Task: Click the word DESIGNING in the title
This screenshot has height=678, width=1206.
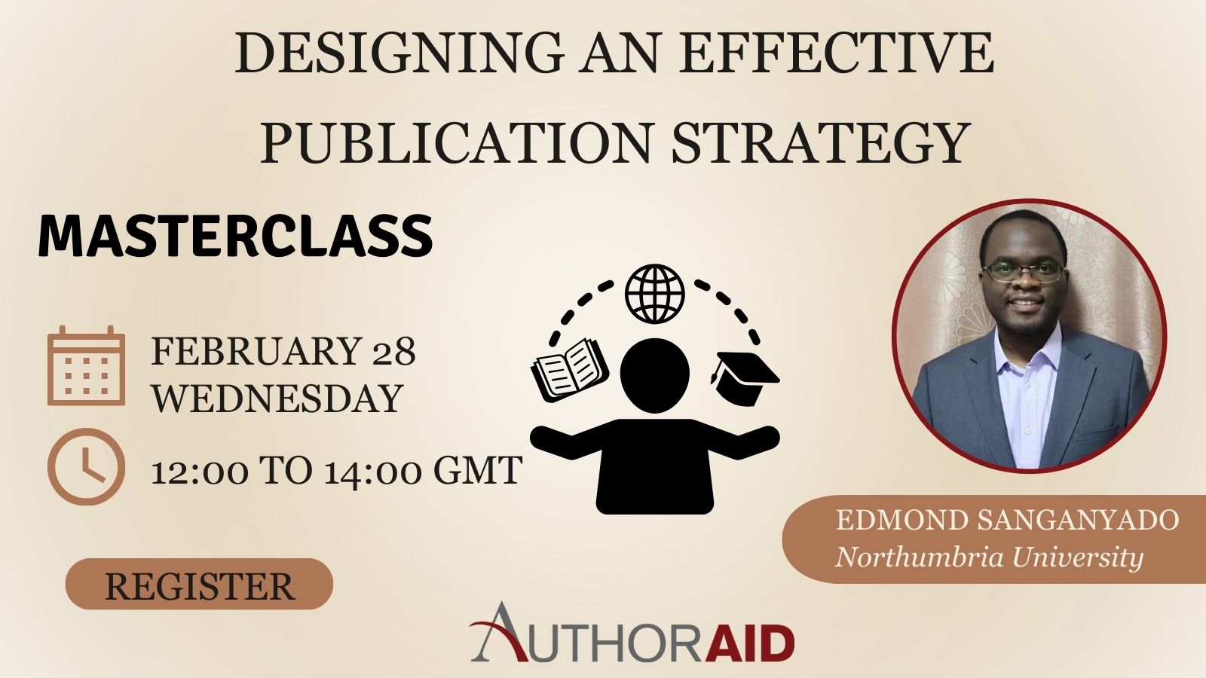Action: pyautogui.click(x=400, y=53)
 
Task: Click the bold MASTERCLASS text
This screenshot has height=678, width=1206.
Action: pyautogui.click(x=235, y=237)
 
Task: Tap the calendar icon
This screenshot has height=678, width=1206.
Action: pyautogui.click(x=86, y=365)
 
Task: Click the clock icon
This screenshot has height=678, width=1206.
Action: pyautogui.click(x=86, y=466)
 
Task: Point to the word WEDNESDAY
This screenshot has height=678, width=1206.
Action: pyautogui.click(x=277, y=399)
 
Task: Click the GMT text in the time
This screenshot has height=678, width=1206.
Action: pyautogui.click(x=478, y=470)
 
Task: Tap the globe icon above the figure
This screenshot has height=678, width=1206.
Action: pyautogui.click(x=655, y=294)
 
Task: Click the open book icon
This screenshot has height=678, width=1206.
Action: pyautogui.click(x=570, y=370)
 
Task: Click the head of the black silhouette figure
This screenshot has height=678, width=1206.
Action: pyautogui.click(x=655, y=376)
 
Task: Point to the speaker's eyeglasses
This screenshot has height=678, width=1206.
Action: pyautogui.click(x=1023, y=272)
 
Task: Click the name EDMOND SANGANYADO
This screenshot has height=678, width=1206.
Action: pyautogui.click(x=1007, y=521)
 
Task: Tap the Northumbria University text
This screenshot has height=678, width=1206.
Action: pyautogui.click(x=989, y=557)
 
